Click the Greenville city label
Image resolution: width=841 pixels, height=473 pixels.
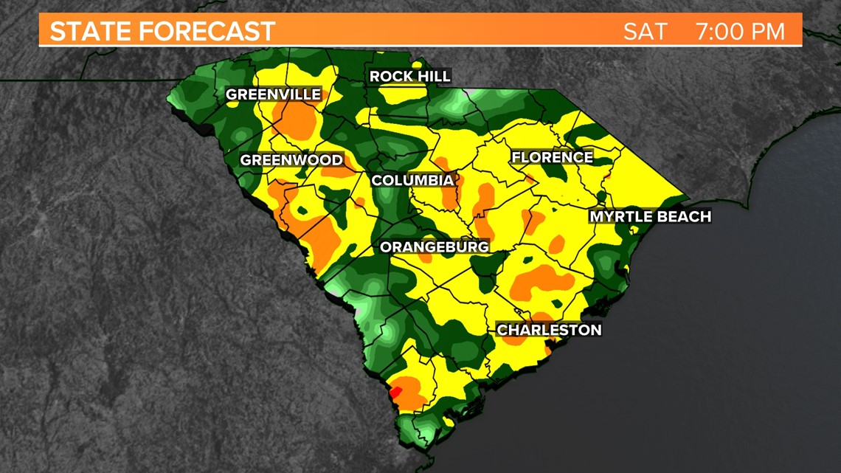273,94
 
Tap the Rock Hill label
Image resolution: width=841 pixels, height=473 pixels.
409,77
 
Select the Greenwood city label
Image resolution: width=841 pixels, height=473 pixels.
291,160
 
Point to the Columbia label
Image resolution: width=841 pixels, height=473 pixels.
412,180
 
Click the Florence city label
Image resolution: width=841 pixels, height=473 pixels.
552,157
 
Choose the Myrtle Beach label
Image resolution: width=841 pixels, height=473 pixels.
649,216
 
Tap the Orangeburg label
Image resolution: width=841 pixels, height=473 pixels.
434,247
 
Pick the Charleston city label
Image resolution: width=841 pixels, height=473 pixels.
549,330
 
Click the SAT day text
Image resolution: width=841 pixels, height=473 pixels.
645,32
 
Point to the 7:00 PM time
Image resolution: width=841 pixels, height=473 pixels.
739,32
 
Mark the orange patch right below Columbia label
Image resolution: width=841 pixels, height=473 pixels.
449,197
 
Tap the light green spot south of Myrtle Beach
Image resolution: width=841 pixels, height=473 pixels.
606,263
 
